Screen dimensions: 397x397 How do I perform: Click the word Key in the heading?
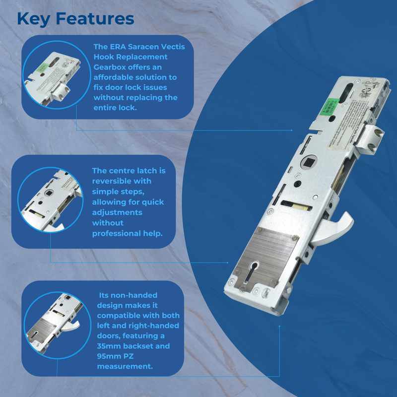(33, 19)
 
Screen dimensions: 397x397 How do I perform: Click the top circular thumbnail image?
(55, 76)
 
